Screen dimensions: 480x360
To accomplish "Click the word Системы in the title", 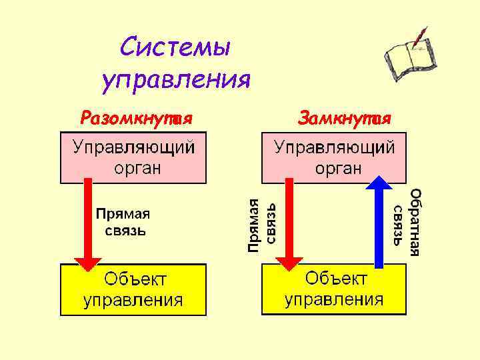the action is click(176, 48).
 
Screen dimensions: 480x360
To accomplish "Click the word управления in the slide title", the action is click(176, 80).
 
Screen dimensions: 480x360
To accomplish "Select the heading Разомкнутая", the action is click(136, 119).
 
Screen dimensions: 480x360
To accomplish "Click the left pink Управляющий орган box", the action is click(133, 158).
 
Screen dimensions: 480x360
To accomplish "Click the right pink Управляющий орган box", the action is click(333, 158).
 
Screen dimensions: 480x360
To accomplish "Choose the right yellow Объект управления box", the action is click(333, 288).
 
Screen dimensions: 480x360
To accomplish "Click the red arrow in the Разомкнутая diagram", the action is click(87, 227).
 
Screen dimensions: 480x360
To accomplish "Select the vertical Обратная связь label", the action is click(406, 222).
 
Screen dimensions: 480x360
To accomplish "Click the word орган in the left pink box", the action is click(137, 168).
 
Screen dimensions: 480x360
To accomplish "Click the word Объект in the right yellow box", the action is click(336, 278).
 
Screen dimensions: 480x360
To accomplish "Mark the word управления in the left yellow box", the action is click(133, 300).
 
